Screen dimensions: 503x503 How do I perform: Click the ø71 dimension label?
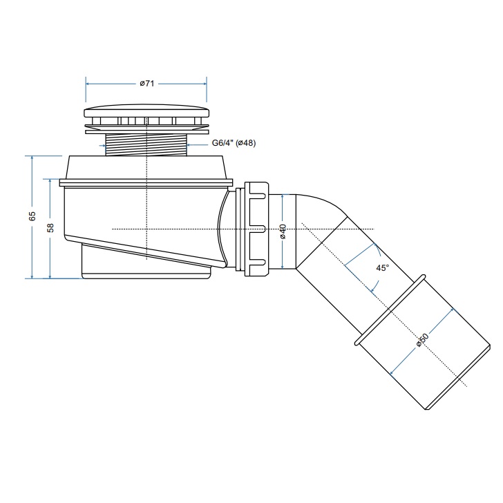pos(147,84)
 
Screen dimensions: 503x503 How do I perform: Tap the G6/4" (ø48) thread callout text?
pos(234,143)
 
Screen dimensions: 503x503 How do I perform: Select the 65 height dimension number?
pos(32,216)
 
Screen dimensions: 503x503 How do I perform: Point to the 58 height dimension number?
pos(50,228)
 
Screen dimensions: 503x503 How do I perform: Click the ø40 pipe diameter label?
pos(283,231)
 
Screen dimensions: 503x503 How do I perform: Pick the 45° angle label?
pos(382,267)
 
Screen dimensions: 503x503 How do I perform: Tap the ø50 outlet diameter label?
pos(422,340)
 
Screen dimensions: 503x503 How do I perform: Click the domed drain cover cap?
pos(146,111)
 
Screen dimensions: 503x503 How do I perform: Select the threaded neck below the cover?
pos(146,145)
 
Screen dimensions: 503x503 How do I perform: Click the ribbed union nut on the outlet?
pos(256,229)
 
